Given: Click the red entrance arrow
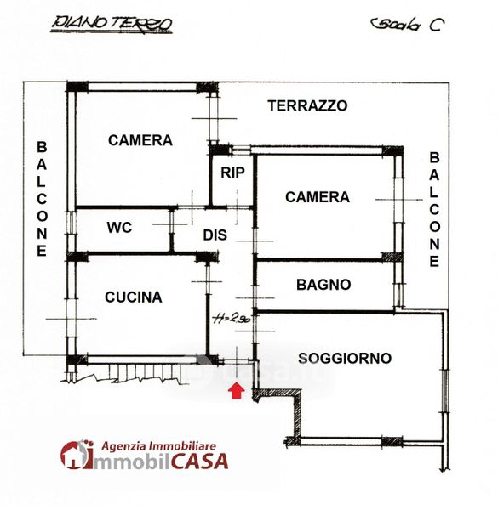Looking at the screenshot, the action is click(x=237, y=390).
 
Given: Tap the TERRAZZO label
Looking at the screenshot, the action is click(x=307, y=106).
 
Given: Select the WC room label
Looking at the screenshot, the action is click(x=119, y=228).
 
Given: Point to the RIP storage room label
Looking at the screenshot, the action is click(x=232, y=173).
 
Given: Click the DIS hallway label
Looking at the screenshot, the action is click(x=215, y=235).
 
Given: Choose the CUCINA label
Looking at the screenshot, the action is click(x=133, y=297).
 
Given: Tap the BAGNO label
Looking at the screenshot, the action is click(x=323, y=285).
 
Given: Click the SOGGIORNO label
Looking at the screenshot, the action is click(x=345, y=358).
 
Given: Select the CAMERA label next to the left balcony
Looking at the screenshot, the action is click(x=140, y=140).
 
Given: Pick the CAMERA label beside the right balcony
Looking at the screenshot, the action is click(x=318, y=197).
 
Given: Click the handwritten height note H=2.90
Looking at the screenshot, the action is click(x=232, y=319).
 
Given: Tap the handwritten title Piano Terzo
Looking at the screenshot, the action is click(x=112, y=24).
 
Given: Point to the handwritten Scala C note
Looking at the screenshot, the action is click(x=408, y=25).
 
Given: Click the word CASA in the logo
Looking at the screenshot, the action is click(x=199, y=461).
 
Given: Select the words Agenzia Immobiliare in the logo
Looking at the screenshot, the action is click(x=158, y=446).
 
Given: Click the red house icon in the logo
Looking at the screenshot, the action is click(x=76, y=455).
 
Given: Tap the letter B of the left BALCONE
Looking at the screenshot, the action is click(x=42, y=147).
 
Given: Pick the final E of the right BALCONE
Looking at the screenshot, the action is click(x=434, y=262).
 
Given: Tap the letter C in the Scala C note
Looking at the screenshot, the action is click(x=437, y=25).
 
